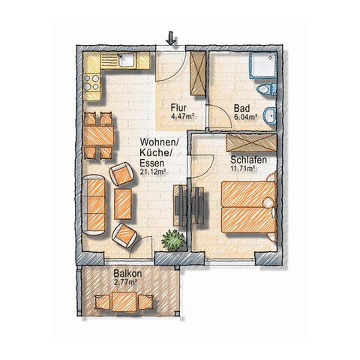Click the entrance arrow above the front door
click(172, 37)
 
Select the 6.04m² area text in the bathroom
click(246, 117)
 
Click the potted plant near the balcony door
click(173, 241)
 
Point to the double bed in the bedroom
click(247, 205)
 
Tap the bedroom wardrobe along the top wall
click(252, 141)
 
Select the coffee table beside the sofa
click(123, 204)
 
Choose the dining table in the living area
click(97, 136)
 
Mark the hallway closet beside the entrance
click(198, 73)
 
